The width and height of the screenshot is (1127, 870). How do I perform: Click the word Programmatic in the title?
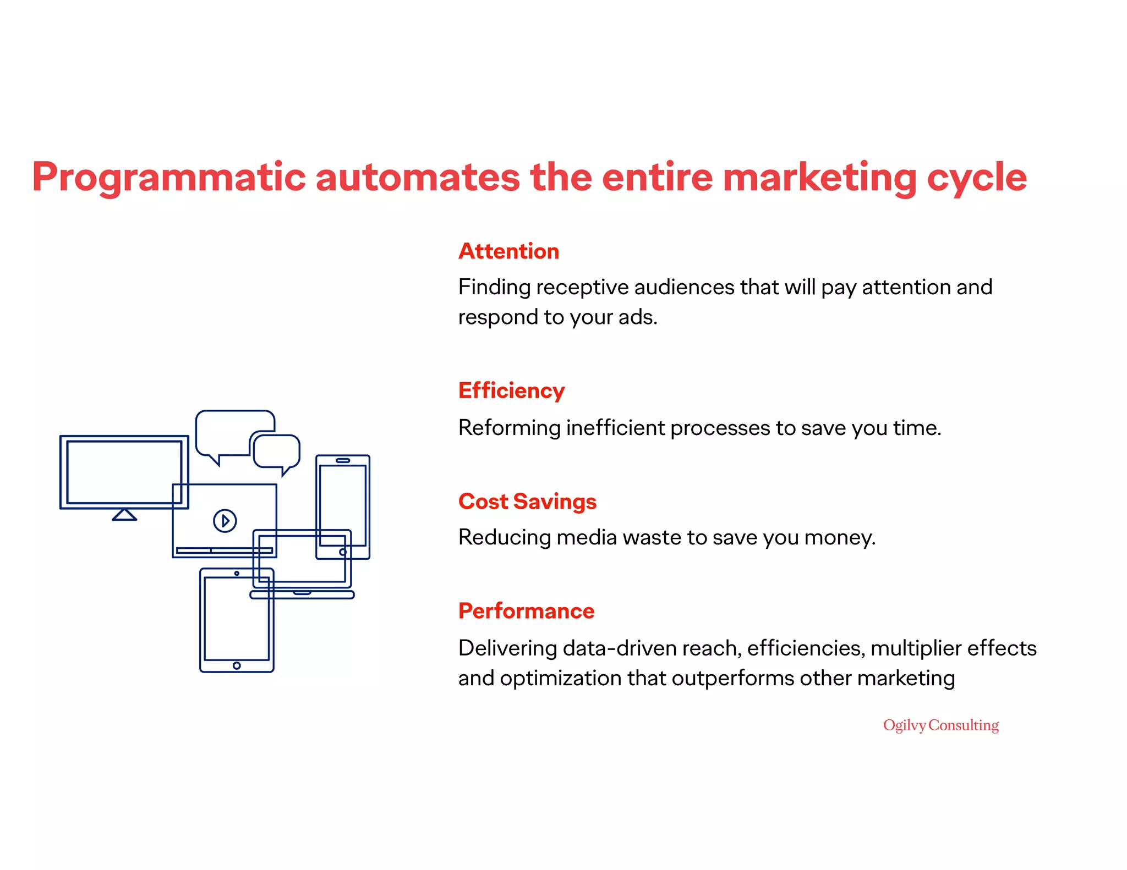point(168,178)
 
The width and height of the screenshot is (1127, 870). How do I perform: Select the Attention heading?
point(508,251)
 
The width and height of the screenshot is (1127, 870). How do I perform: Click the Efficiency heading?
point(511,391)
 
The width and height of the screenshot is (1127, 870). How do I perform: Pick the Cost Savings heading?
point(527,502)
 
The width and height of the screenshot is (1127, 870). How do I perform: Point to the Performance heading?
point(526,611)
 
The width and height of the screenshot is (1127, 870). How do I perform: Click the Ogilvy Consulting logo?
point(940,725)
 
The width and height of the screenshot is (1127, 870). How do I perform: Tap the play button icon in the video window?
point(225,520)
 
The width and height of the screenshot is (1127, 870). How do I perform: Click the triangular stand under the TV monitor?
point(124,515)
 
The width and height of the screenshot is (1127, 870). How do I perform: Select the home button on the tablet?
point(237,665)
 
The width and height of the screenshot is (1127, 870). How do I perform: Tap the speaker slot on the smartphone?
point(343,460)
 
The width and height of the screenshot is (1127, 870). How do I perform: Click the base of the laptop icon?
point(302,595)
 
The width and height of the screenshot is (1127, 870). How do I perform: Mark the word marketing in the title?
point(819,178)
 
